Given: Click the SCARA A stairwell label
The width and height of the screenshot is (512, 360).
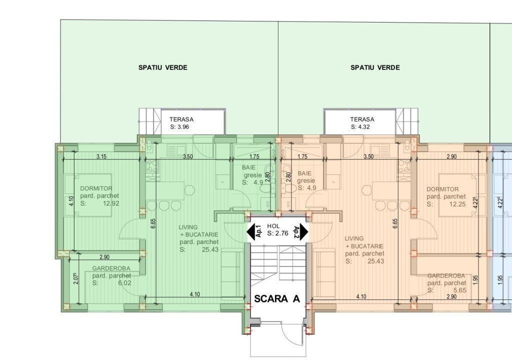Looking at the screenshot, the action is coord(277,298).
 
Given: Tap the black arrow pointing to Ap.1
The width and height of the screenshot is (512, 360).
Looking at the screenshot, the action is coord(251,231).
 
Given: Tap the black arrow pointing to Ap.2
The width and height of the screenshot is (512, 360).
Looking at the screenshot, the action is coord(304,231).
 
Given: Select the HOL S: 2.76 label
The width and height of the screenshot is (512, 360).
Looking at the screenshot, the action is coord(277,229).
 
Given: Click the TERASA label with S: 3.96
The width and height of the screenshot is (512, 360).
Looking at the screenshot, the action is coord(181,123).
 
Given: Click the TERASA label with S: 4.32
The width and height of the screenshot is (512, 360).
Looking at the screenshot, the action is coord(362,123).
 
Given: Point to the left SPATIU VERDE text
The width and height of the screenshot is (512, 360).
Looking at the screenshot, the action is coord(163,67).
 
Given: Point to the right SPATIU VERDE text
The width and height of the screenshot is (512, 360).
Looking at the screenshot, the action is coord(375,67).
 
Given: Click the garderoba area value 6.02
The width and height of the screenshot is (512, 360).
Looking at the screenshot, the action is coord(124,283).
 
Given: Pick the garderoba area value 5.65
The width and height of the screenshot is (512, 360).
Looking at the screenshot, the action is coord(460,290).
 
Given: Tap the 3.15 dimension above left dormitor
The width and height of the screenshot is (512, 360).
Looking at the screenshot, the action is coord(101,156).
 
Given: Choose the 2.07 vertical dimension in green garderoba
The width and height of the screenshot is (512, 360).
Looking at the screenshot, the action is coord(76,278).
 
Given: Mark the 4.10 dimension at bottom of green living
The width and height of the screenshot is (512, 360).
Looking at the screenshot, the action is coord(194,294).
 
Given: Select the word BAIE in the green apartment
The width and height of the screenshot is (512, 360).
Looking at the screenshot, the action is coord(249,167).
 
